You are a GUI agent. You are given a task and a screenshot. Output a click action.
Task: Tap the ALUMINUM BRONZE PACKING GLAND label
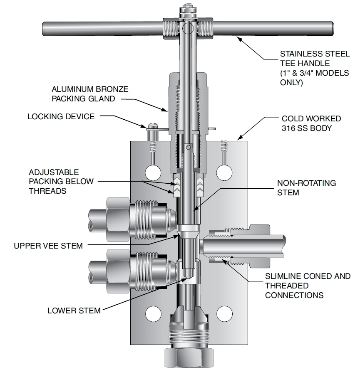pyautogui.click(x=90, y=94)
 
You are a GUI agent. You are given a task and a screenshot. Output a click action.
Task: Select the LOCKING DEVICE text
pyautogui.click(x=61, y=117)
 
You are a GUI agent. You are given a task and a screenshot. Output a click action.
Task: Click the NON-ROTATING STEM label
pyautogui.click(x=306, y=188)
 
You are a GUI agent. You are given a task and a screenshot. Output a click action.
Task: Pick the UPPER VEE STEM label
pyautogui.click(x=48, y=246)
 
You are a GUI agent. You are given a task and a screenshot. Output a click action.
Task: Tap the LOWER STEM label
pyautogui.click(x=74, y=310)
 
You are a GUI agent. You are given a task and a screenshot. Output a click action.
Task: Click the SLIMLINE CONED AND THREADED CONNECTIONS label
pyautogui.click(x=308, y=286)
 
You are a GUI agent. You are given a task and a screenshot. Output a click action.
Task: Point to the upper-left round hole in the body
pyautogui.click(x=153, y=172)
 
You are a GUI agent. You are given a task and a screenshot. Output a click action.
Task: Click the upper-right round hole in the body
pyautogui.click(x=225, y=172)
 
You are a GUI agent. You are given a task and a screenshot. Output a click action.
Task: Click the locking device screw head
pyautogui.click(x=151, y=125)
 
